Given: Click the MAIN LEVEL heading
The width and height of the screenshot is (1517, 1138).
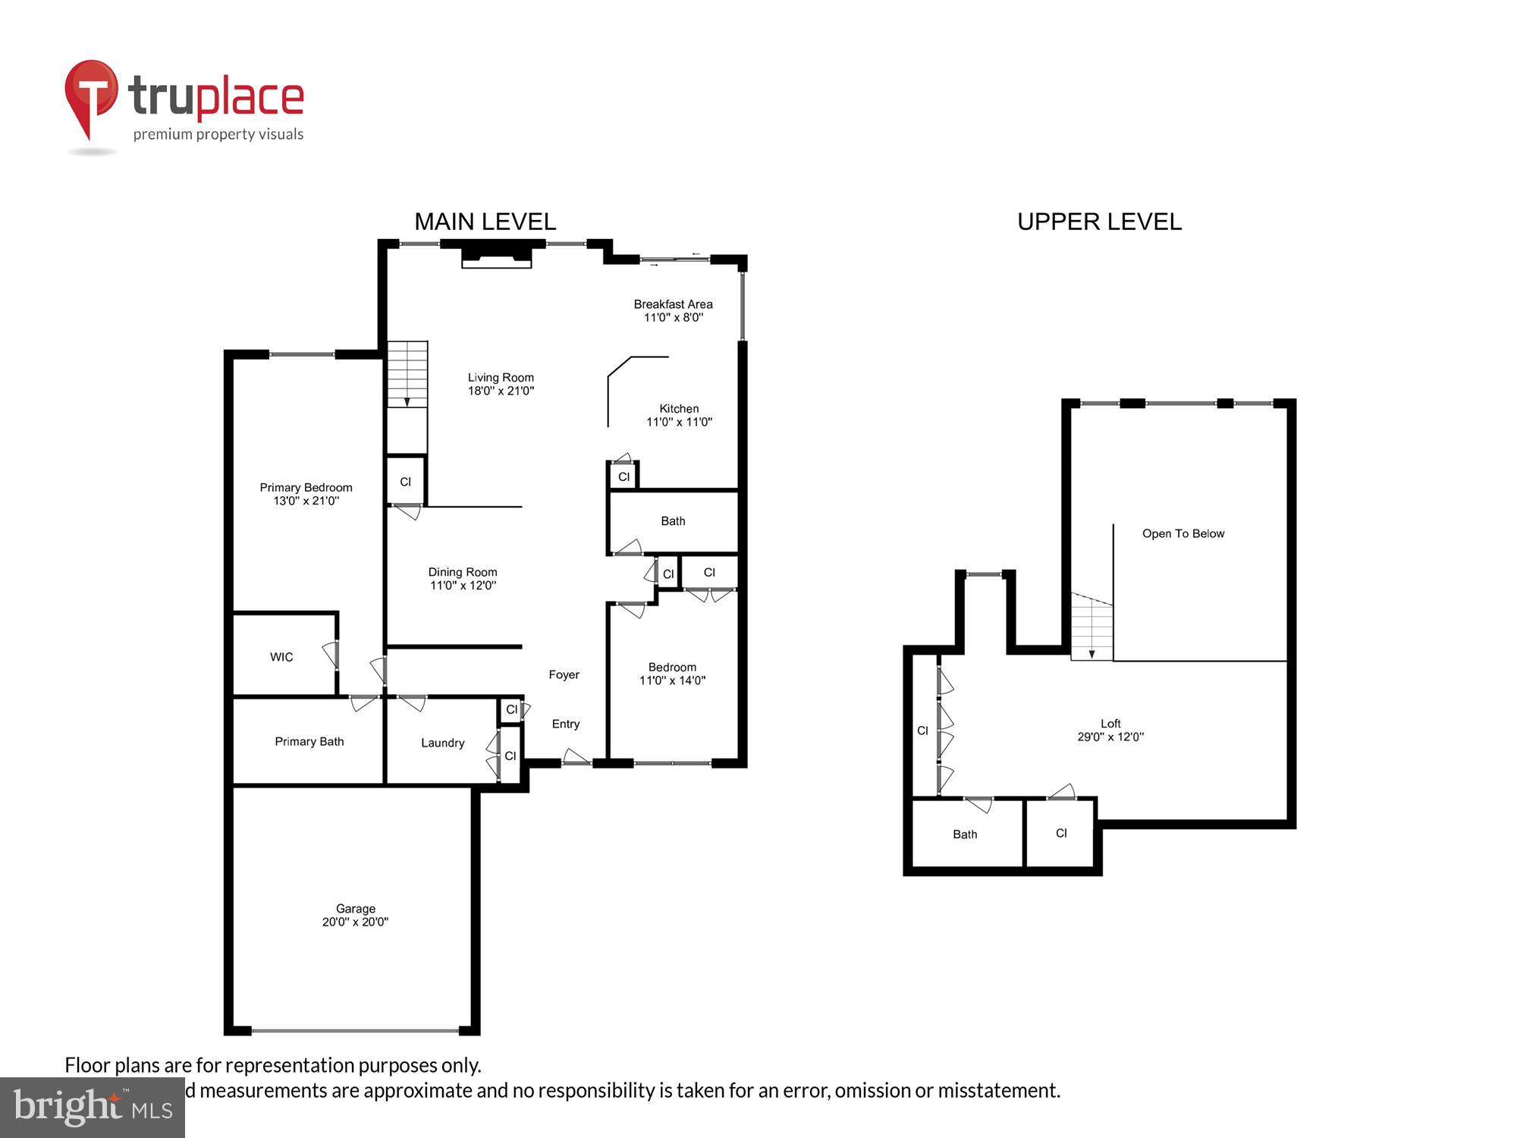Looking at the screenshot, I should point(485,222).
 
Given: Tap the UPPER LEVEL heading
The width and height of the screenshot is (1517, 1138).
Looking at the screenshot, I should point(1098,222).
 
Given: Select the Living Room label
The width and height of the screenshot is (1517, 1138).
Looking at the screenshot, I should point(501,378).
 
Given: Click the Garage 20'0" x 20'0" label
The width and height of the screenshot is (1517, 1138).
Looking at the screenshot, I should point(355,915).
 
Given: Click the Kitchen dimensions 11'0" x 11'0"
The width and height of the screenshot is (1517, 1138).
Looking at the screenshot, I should point(679,423).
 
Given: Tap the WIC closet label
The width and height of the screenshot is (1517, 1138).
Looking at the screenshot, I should point(281,657).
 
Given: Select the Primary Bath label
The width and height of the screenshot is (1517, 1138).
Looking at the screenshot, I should point(309,741).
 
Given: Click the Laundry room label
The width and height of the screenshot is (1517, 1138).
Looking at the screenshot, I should point(442,743).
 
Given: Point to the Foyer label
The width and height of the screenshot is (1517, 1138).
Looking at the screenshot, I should point(564,674).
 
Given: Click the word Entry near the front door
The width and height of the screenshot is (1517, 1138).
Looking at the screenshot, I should point(565,724).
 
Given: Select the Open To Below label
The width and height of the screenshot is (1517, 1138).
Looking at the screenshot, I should point(1183,533).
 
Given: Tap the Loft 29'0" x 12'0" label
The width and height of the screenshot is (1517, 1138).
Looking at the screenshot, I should point(1110,730).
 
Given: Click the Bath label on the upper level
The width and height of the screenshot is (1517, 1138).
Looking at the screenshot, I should point(964,835).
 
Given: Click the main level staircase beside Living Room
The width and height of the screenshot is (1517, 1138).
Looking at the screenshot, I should point(408,375).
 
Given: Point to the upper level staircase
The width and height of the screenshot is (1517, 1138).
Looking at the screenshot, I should point(1091,627).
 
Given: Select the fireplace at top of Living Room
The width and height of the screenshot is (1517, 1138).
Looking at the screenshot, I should point(497,253).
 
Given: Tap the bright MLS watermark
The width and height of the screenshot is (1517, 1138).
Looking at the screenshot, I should point(92,1108).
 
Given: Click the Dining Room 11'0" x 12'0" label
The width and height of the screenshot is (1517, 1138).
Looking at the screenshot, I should point(462,579).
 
